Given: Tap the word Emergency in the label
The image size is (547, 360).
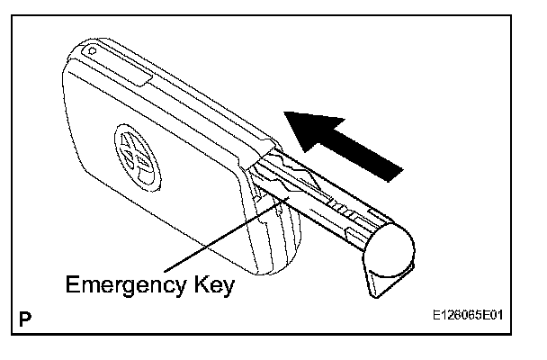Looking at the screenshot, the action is click(x=130, y=286).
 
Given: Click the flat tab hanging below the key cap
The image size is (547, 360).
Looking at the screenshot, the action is click(x=375, y=281).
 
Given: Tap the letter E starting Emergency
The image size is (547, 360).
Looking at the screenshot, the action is click(x=73, y=286).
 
